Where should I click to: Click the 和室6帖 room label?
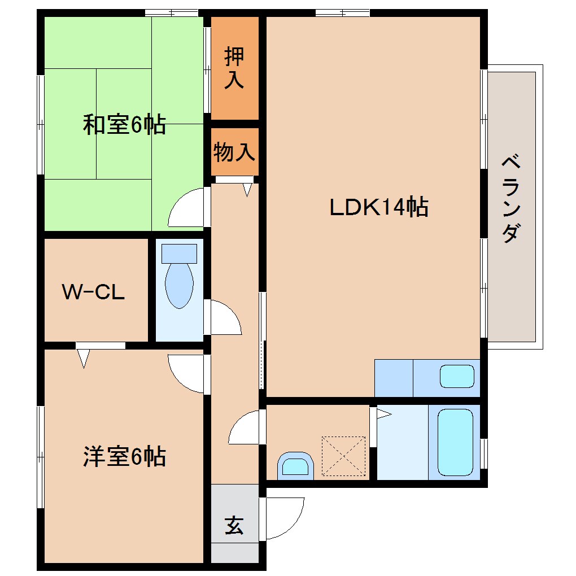click(x=124, y=124)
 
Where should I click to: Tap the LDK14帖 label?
click(x=379, y=208)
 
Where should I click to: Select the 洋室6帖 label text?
click(x=124, y=456)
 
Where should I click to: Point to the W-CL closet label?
click(x=93, y=292)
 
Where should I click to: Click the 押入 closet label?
click(x=234, y=68)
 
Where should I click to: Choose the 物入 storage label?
click(x=234, y=152)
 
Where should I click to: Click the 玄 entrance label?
click(x=234, y=526)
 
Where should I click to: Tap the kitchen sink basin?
click(x=457, y=377)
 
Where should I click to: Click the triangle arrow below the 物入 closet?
click(x=247, y=190)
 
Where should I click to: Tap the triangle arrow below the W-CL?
click(x=84, y=358)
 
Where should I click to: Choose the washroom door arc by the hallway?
click(x=246, y=428)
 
